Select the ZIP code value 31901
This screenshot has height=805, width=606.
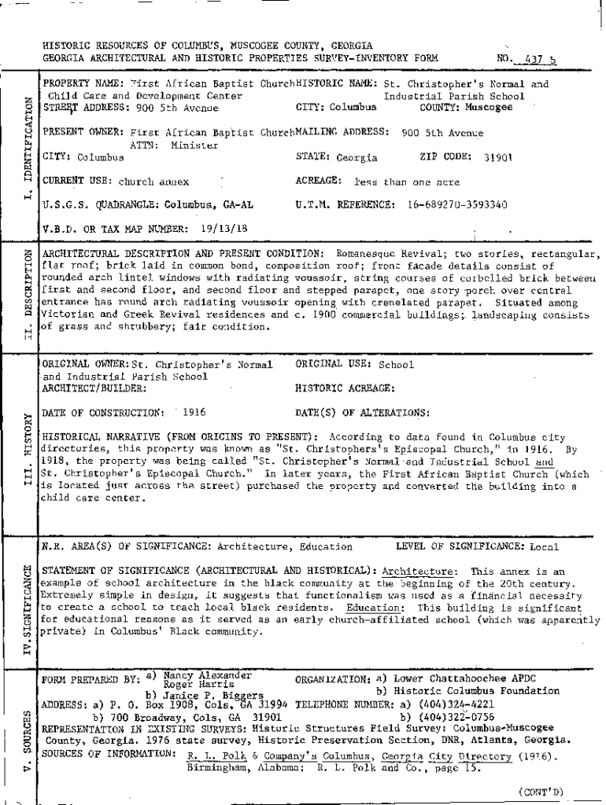(x=498, y=157)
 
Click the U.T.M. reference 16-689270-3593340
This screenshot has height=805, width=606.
(x=457, y=205)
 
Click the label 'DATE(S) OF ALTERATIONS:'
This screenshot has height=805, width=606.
(x=362, y=412)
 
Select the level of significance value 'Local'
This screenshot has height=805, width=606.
(x=545, y=547)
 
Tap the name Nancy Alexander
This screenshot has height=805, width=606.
(x=207, y=675)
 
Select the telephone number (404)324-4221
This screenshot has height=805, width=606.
(x=453, y=704)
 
